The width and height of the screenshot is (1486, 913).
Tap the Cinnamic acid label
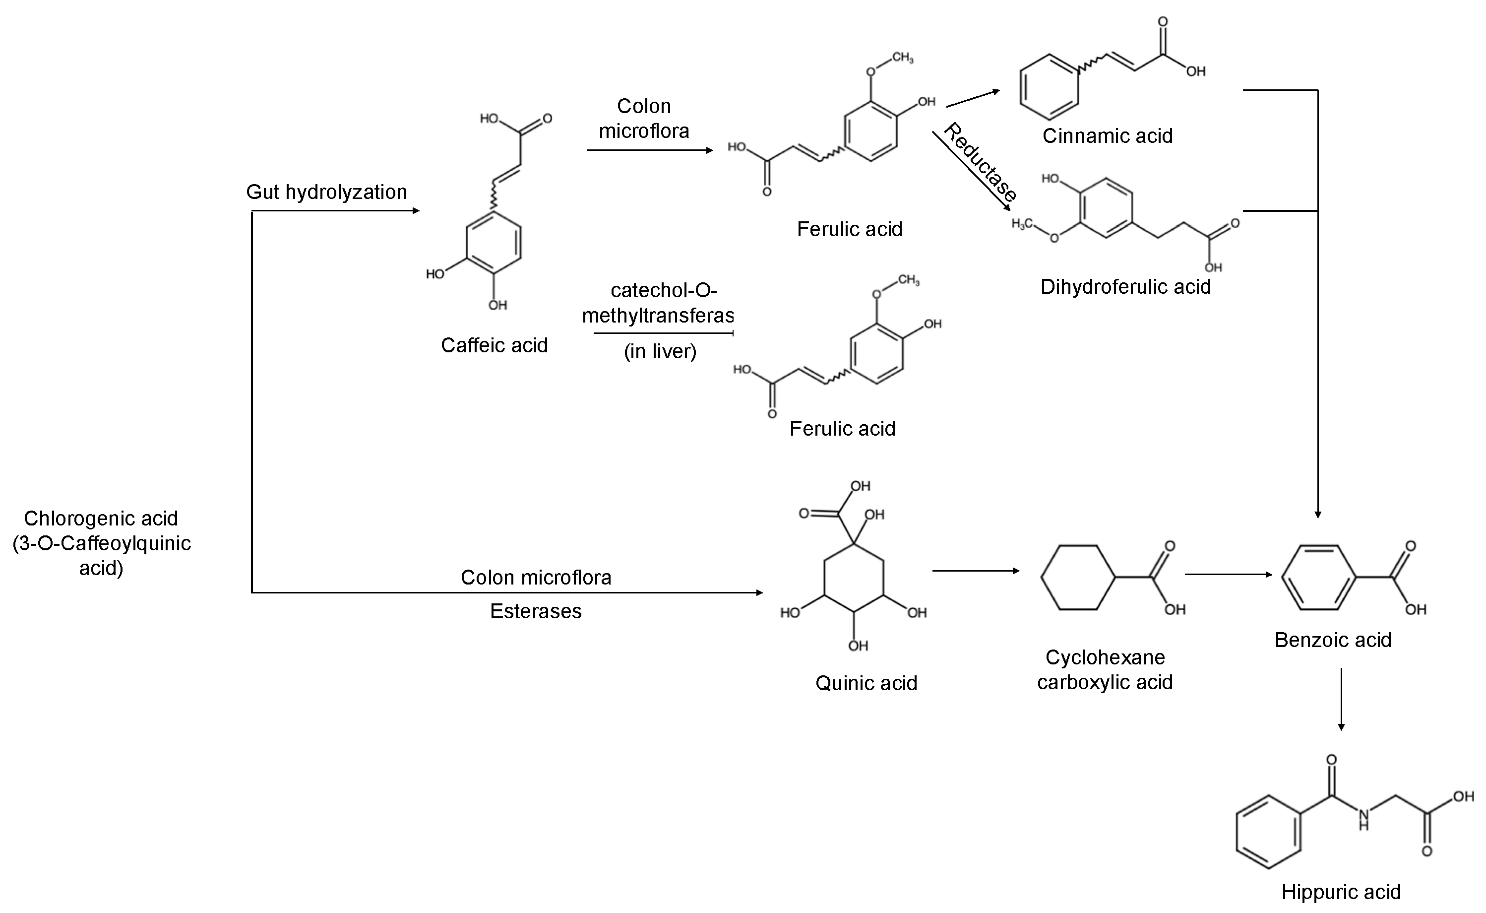[x=1108, y=136]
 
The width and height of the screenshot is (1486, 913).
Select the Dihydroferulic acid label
[x=1125, y=287]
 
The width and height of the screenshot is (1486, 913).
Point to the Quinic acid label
[x=866, y=683]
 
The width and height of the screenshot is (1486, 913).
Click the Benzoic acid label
[x=1333, y=640]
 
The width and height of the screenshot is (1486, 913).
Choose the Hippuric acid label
[x=1341, y=892]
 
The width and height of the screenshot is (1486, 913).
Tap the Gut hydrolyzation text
[x=326, y=192]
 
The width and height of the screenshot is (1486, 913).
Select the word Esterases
[x=535, y=611]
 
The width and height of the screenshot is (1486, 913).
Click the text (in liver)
[x=660, y=351]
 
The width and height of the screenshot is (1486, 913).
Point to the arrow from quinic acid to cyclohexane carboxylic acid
[x=976, y=571]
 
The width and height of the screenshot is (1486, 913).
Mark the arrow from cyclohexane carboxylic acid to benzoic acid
[x=1228, y=574]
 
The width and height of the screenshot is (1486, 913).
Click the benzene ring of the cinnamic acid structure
[x=1049, y=87]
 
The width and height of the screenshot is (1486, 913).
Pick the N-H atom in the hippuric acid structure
[x=1363, y=819]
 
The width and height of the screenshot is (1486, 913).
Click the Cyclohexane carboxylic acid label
[x=1105, y=670]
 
